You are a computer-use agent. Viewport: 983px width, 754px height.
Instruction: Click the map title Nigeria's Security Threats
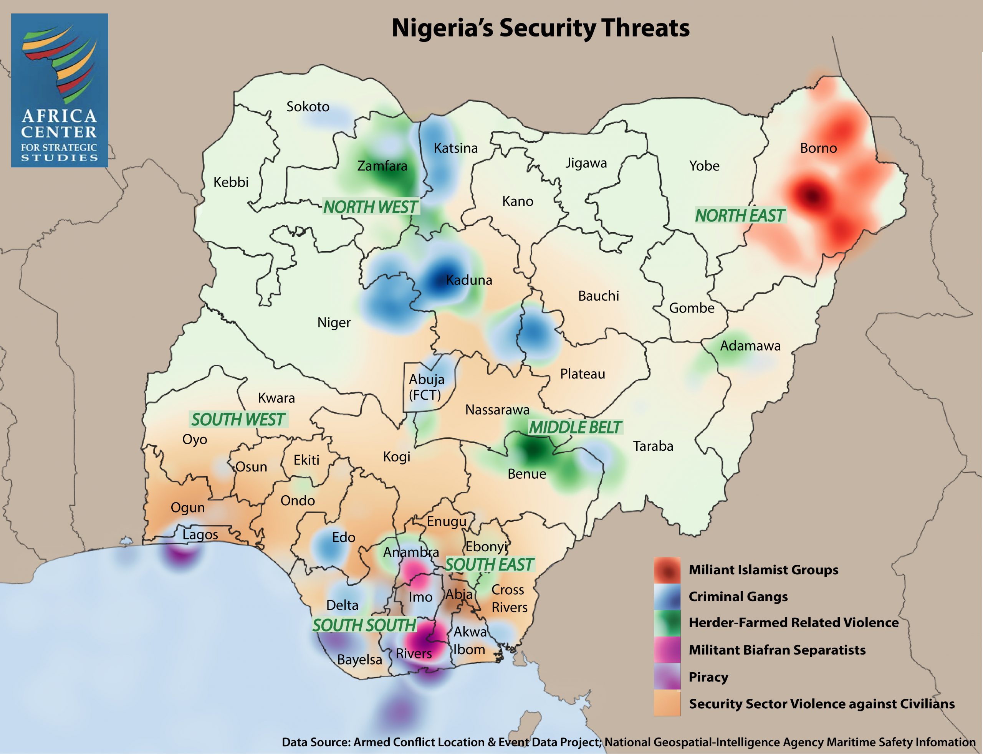(x=540, y=28)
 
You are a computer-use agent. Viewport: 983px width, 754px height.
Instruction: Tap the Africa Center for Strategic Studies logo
(x=59, y=90)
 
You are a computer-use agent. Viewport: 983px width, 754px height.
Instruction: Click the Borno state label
(x=818, y=148)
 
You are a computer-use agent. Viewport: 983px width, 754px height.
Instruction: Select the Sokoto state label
(x=308, y=107)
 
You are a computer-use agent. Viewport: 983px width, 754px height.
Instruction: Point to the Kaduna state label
(x=469, y=280)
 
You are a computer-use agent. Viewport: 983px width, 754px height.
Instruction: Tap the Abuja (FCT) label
(x=426, y=387)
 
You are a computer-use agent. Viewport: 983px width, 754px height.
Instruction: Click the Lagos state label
(x=200, y=534)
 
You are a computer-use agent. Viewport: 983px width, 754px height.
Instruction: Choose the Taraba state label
(x=653, y=446)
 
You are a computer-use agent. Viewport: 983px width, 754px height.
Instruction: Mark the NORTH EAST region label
(x=740, y=216)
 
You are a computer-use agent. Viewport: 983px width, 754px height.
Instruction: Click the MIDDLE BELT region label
(x=575, y=427)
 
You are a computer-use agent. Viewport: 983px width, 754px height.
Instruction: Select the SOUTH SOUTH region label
(x=364, y=625)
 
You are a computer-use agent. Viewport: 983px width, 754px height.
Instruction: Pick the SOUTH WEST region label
(x=238, y=420)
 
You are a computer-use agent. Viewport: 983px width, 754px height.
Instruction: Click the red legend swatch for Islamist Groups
(x=667, y=570)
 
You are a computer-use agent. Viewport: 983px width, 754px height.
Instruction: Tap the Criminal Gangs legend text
(x=738, y=597)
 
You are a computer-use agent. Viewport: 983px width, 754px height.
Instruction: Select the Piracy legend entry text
(x=708, y=677)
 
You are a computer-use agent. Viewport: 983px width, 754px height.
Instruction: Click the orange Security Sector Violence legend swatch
(x=667, y=703)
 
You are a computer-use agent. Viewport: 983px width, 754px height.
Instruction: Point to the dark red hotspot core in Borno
(x=813, y=196)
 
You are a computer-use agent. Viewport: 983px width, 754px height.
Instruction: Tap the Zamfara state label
(x=382, y=166)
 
